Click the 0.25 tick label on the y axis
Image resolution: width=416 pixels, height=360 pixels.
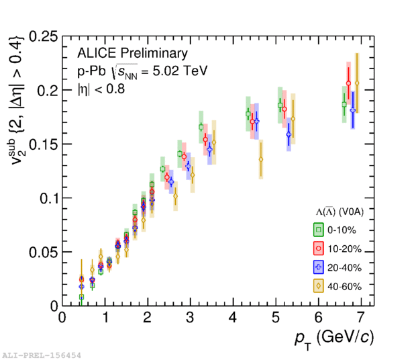pos(43,37)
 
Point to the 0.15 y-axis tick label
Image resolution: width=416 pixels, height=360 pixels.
pos(43,144)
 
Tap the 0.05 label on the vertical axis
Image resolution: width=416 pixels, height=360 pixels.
pos(43,253)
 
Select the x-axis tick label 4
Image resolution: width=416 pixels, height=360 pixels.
pos(233,317)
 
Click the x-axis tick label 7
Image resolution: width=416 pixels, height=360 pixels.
pos(360,317)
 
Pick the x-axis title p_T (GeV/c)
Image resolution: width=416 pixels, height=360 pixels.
pos(334,339)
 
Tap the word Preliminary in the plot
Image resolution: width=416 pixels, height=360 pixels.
pos(154,53)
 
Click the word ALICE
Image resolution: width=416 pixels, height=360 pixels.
pos(97,53)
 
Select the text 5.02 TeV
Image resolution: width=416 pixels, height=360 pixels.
pos(180,71)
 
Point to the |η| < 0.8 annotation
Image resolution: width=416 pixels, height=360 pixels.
pos(101,89)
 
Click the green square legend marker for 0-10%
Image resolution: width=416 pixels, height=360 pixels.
pos(318,230)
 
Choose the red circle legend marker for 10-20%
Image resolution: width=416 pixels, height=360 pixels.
pos(318,249)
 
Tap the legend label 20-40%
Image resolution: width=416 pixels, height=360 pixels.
pos(344,268)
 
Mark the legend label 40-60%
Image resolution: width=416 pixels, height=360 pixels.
pos(344,287)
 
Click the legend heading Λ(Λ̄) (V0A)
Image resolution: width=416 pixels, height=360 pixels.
pos(340,212)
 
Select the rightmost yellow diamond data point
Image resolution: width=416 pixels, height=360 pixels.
pos(357,83)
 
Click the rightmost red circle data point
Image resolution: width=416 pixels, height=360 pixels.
pos(348,83)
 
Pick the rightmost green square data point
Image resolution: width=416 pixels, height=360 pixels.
pos(344,105)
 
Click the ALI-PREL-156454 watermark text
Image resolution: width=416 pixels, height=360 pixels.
pos(42,355)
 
